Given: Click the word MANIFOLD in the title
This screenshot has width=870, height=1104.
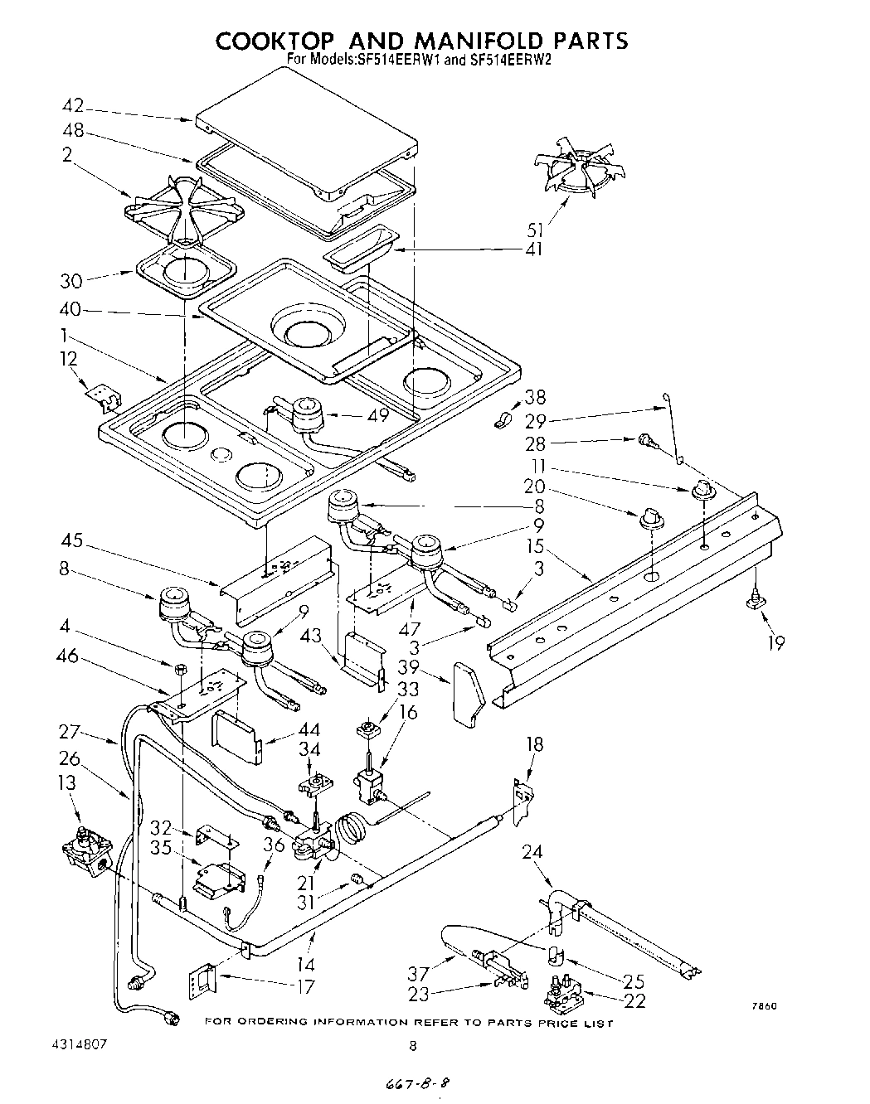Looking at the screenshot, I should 466,41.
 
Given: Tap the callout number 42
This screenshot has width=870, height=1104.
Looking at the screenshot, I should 73,105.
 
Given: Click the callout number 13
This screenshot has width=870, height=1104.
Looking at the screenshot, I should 66,782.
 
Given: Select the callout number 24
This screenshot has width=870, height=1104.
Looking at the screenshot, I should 532,850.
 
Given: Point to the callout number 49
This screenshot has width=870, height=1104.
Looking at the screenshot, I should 378,416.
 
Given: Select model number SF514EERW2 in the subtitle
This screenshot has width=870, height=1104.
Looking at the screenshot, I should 504,60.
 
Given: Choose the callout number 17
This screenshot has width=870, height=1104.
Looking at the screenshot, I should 308,987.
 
